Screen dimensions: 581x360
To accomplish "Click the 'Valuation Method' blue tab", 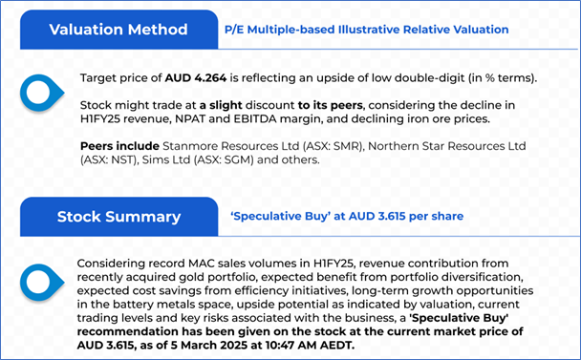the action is click(118, 30).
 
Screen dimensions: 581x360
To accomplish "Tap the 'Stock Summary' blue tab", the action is click(118, 217).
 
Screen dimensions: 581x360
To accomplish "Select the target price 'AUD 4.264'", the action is click(196, 78).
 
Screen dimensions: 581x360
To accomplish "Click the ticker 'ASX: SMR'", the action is click(333, 146).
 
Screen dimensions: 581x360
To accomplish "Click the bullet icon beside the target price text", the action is click(41, 93).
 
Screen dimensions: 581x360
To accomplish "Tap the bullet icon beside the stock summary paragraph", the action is click(41, 283).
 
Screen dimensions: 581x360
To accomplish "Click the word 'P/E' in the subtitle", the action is click(234, 30).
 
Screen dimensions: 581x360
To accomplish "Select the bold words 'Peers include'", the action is click(119, 146).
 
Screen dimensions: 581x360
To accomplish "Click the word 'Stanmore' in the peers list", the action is click(189, 146).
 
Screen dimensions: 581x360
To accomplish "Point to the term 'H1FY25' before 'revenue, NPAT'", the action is click(99, 119).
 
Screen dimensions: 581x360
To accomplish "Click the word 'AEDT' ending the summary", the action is click(335, 345).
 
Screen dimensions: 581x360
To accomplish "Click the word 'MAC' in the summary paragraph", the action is click(202, 264).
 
